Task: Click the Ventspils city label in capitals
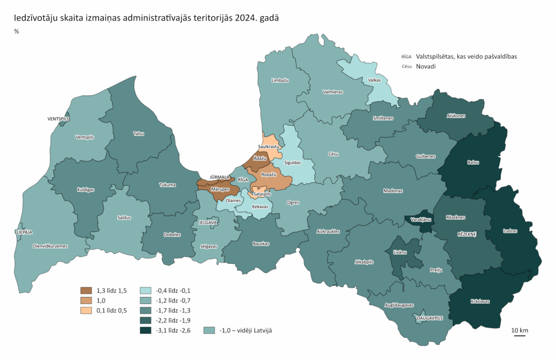point(59,118)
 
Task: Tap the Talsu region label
point(138,133)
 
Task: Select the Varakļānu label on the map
point(419,219)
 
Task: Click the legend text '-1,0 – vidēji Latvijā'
point(245,330)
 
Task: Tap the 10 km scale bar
point(520,335)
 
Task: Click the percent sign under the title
point(16,31)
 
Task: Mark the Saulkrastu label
point(268,147)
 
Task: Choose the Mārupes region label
point(220,189)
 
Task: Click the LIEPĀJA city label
point(24,232)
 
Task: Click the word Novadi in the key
point(426,66)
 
